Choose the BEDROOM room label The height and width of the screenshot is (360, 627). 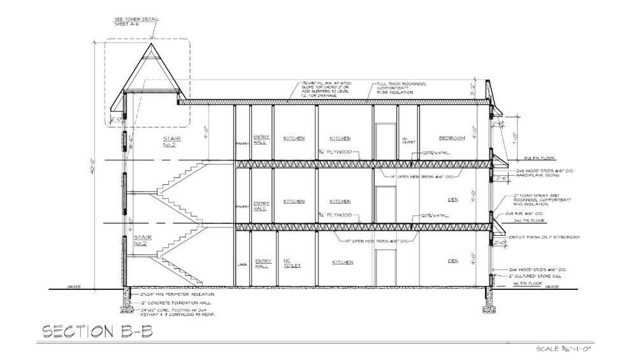click(452, 138)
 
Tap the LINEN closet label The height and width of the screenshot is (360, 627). click(242, 264)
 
